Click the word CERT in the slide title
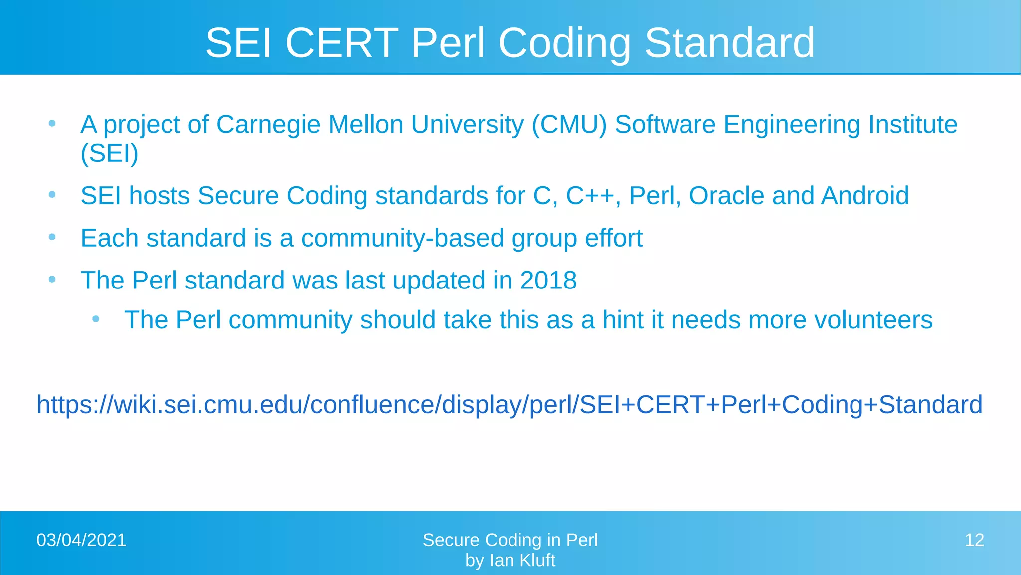coord(341,43)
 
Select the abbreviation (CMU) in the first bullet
coord(569,124)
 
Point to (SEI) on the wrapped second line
coord(109,153)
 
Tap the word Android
coord(865,195)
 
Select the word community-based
coord(402,238)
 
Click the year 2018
coord(548,280)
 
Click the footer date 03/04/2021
coord(81,540)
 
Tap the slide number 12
coord(974,540)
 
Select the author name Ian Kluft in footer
coord(522,561)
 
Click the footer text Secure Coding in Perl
coord(510,540)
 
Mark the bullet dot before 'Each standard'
coord(52,237)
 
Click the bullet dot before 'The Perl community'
coord(96,319)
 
